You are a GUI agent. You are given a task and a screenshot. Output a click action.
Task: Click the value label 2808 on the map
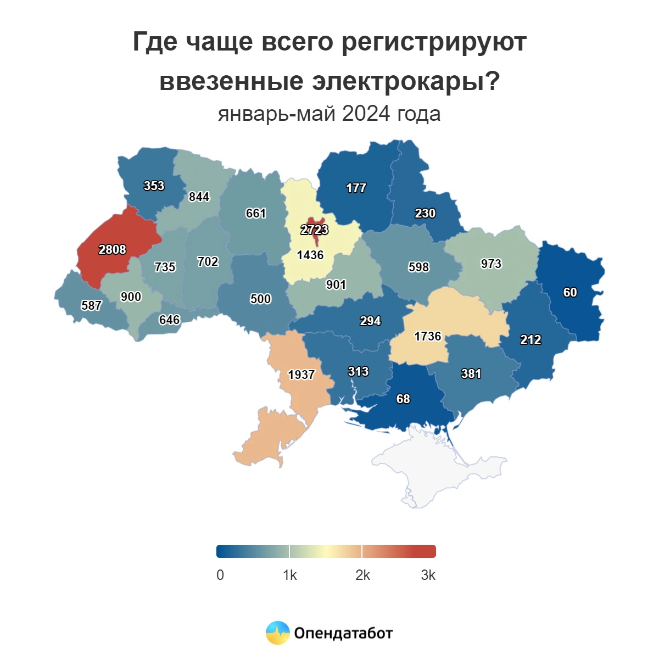pos(112,250)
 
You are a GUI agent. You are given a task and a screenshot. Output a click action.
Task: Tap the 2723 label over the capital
pos(314,230)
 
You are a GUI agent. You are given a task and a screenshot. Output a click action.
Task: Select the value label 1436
pos(310,255)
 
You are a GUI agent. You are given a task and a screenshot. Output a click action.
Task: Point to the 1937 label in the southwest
pos(301,375)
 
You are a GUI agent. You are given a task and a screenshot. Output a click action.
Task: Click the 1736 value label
pos(428,336)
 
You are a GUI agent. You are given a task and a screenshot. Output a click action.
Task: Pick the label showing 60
pos(570,292)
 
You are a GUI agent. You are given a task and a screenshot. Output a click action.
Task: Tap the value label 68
pos(403,399)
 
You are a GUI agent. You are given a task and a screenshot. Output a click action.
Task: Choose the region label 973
pos(491,264)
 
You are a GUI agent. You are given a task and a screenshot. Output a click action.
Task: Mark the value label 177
pos(356,188)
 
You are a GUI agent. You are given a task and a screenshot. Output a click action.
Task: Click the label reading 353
pos(154,186)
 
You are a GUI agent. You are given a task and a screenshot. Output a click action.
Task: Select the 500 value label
pos(260,299)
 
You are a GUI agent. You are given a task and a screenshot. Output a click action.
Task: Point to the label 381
pos(471,373)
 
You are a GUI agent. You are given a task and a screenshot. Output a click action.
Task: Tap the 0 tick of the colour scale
pos(220,575)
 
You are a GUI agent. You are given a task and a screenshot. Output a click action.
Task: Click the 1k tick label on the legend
pos(290,575)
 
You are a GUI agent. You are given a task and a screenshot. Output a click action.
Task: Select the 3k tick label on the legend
pos(428,575)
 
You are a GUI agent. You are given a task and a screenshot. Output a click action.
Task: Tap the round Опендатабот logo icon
pos(277,633)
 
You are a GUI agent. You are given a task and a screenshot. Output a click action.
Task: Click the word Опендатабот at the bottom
pos(343,633)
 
